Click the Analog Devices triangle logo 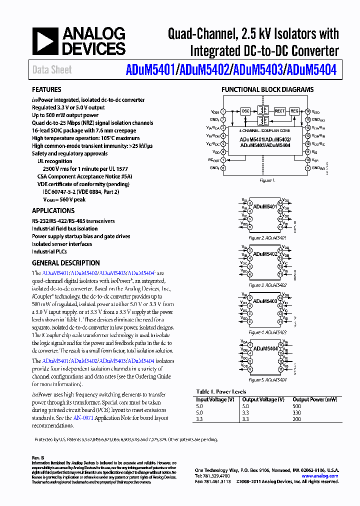(45, 41)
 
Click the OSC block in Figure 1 (245, 111)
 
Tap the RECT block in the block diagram (279, 111)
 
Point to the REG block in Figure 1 (294, 111)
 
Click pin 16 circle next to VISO (308, 111)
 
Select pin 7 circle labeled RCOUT (223, 160)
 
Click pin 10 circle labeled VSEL (308, 160)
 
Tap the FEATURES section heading (46, 90)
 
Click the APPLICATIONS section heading (53, 211)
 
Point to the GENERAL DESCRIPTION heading (65, 263)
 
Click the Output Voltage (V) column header (263, 399)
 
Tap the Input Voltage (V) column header (215, 399)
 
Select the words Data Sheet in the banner (52, 70)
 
